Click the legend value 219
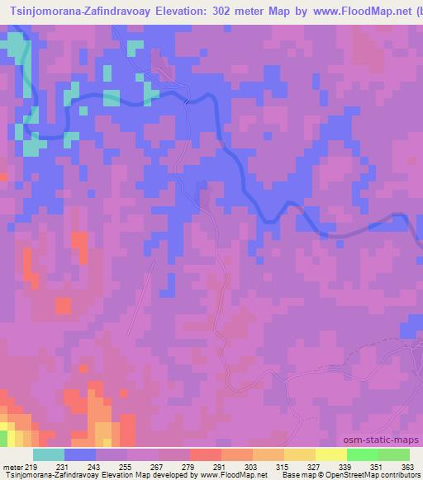point(32,467)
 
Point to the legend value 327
point(315,467)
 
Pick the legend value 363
point(408,467)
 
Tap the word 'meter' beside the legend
point(12,467)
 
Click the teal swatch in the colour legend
point(49,454)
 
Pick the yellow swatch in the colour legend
point(331,454)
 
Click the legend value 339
point(346,467)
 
